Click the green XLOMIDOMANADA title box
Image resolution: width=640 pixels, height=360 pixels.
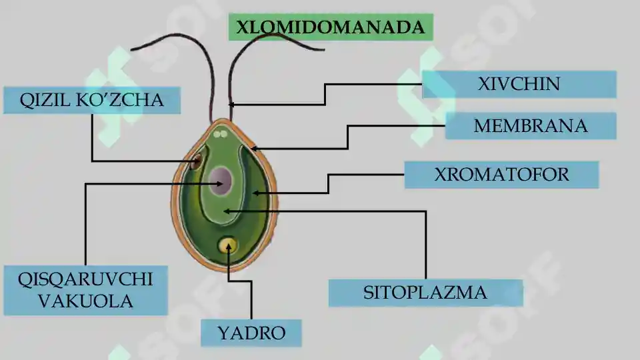pyautogui.click(x=331, y=27)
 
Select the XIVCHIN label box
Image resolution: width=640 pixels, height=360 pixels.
pyautogui.click(x=519, y=84)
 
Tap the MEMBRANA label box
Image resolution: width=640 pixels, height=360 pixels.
pyautogui.click(x=531, y=126)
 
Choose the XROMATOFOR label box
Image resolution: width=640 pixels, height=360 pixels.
pyautogui.click(x=501, y=175)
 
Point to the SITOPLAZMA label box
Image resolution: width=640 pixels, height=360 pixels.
pyautogui.click(x=426, y=293)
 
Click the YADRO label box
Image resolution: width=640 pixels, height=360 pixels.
pyautogui.click(x=251, y=333)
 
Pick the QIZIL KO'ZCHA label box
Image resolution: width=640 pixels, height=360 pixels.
pyautogui.click(x=92, y=100)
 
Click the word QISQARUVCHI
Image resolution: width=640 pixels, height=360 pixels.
pyautogui.click(x=85, y=279)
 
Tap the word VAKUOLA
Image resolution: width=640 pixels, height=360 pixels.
pyautogui.click(x=85, y=301)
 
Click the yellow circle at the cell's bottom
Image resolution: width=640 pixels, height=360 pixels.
pyautogui.click(x=227, y=245)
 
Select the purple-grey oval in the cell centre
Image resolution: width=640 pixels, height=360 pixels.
pyautogui.click(x=221, y=181)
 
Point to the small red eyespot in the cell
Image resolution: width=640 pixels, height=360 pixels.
pyautogui.click(x=197, y=161)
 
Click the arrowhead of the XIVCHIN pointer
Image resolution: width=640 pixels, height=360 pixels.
pyautogui.click(x=231, y=105)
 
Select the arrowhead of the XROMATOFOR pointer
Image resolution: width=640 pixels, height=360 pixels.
pyautogui.click(x=255, y=193)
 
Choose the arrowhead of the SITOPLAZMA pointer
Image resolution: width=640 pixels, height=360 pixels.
pyautogui.click(x=227, y=211)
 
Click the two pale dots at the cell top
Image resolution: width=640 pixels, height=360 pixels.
pyautogui.click(x=221, y=133)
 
